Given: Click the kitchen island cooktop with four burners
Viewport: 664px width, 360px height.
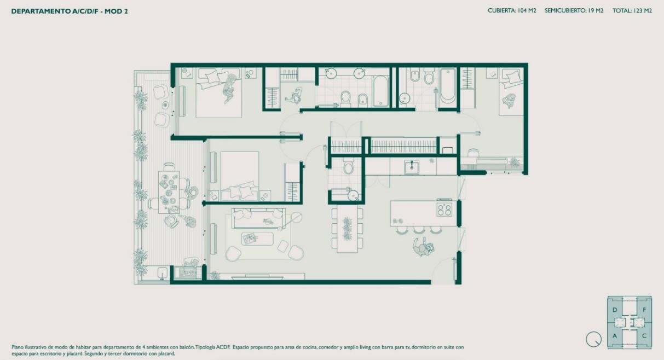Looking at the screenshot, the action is (x=444, y=210).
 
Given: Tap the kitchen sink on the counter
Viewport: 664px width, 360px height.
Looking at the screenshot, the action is (x=412, y=167).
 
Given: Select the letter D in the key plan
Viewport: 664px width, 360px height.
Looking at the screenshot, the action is (x=615, y=310).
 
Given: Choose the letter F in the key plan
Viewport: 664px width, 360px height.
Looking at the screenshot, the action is (x=644, y=310).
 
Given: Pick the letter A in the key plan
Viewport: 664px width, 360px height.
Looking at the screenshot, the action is (x=615, y=336).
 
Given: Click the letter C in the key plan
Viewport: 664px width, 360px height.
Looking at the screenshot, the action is (x=644, y=336).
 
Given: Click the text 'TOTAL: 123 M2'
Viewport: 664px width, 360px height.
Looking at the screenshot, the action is (x=632, y=10).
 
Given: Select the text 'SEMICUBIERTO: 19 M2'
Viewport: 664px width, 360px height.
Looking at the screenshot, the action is (x=574, y=10).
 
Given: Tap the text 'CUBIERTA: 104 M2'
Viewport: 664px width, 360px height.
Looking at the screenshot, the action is (x=512, y=10).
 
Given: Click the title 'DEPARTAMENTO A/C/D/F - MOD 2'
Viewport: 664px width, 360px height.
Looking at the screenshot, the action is (x=70, y=11).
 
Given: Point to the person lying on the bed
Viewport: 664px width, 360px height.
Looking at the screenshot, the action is (x=229, y=88).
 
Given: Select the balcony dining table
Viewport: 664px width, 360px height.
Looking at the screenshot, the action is (x=169, y=192).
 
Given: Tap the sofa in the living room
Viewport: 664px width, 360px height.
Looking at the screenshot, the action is (x=258, y=218).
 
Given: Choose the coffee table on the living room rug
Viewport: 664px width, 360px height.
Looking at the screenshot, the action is (x=257, y=239).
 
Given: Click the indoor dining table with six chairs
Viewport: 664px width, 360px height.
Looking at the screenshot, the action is (x=347, y=229).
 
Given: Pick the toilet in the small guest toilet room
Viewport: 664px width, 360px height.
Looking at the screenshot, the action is (x=348, y=166).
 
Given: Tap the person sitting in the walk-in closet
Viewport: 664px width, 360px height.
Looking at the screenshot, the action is (x=295, y=95).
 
